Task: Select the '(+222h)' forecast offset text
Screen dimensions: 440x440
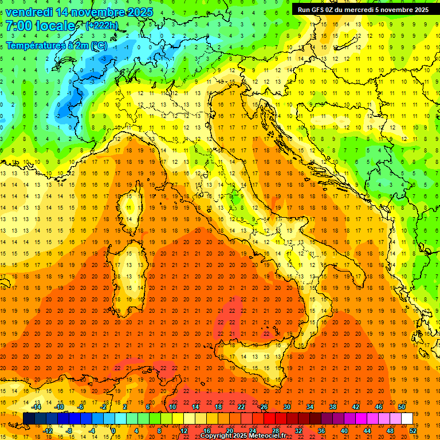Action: point(101,25)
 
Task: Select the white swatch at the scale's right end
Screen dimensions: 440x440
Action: point(407,418)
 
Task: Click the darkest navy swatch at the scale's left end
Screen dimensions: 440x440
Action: point(29,418)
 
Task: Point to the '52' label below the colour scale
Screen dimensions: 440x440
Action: point(414,430)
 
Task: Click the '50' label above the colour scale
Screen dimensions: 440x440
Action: point(401,407)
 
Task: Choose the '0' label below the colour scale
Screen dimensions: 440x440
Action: point(114,430)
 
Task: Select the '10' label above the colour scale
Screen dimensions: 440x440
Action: point(172,407)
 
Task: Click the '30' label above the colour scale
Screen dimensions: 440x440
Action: point(286,407)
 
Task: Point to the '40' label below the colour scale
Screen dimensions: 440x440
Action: point(344,430)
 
